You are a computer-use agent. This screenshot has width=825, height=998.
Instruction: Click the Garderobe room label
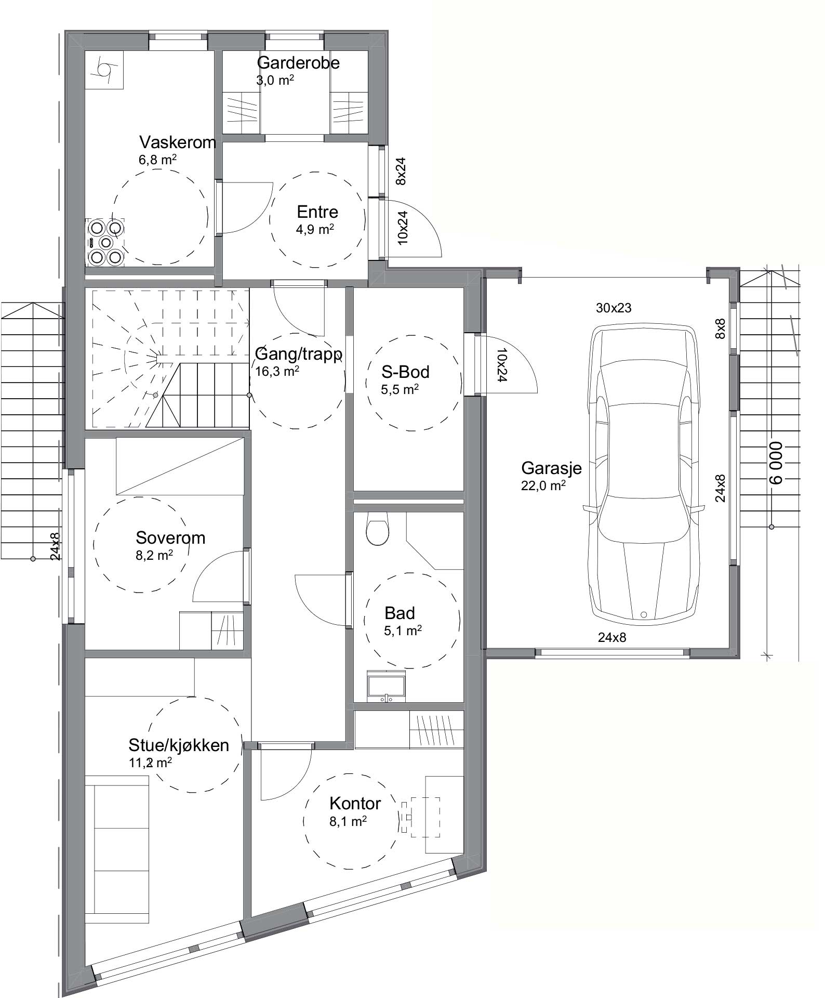tap(298, 63)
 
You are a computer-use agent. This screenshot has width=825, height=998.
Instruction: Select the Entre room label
tap(317, 212)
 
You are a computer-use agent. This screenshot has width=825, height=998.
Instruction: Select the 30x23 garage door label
tap(614, 308)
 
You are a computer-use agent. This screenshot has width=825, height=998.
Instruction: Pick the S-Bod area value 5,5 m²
tap(400, 390)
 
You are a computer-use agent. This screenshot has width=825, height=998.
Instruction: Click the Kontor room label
tap(355, 803)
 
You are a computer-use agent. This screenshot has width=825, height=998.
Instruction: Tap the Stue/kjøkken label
tap(179, 745)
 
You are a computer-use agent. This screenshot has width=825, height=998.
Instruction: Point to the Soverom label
tap(170, 537)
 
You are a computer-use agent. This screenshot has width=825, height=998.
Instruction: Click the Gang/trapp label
tap(299, 354)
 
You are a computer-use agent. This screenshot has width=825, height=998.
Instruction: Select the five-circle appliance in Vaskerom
tap(105, 242)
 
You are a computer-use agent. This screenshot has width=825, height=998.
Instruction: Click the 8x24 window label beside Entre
tap(401, 172)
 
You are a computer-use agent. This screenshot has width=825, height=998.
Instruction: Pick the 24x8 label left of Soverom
tap(56, 546)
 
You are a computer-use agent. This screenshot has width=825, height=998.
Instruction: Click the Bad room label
tap(400, 613)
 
